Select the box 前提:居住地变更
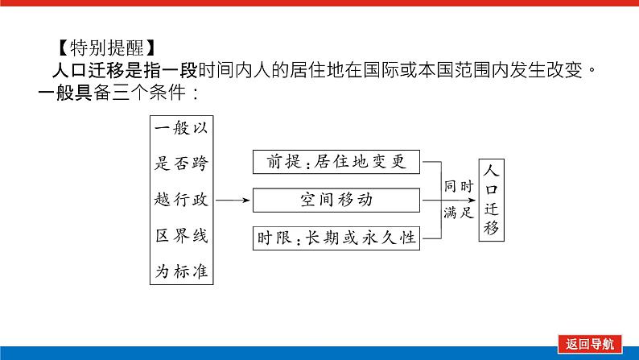pos(336,163)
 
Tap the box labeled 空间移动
pos(336,199)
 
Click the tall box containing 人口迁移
pos(493,198)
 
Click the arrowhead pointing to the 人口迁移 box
pos(473,199)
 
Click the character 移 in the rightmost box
pos(493,228)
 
